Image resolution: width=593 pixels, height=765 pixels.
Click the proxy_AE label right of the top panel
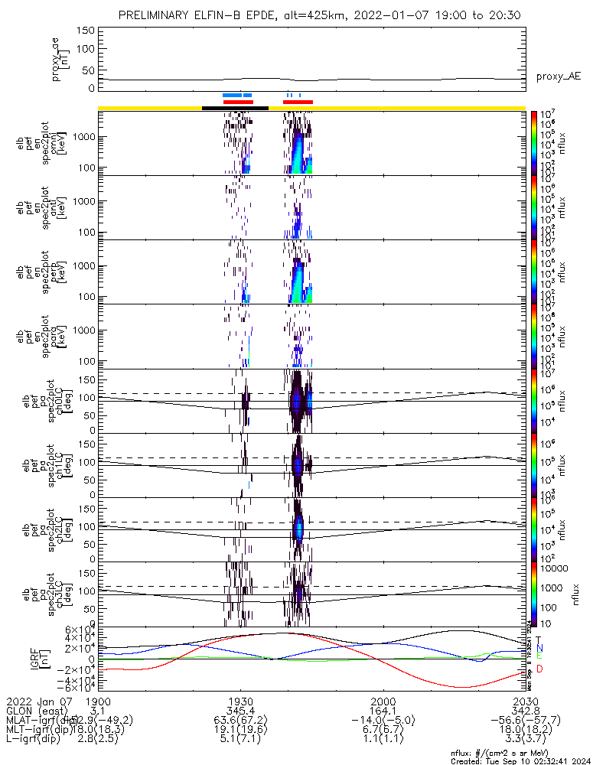click(559, 76)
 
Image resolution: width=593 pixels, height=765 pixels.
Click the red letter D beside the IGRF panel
click(540, 669)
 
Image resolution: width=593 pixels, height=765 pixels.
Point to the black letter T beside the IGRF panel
click(539, 639)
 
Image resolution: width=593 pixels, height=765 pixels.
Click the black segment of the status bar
click(234, 108)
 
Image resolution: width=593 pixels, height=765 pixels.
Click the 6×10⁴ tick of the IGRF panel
click(78, 630)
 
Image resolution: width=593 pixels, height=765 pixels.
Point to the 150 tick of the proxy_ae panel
click(86, 30)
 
